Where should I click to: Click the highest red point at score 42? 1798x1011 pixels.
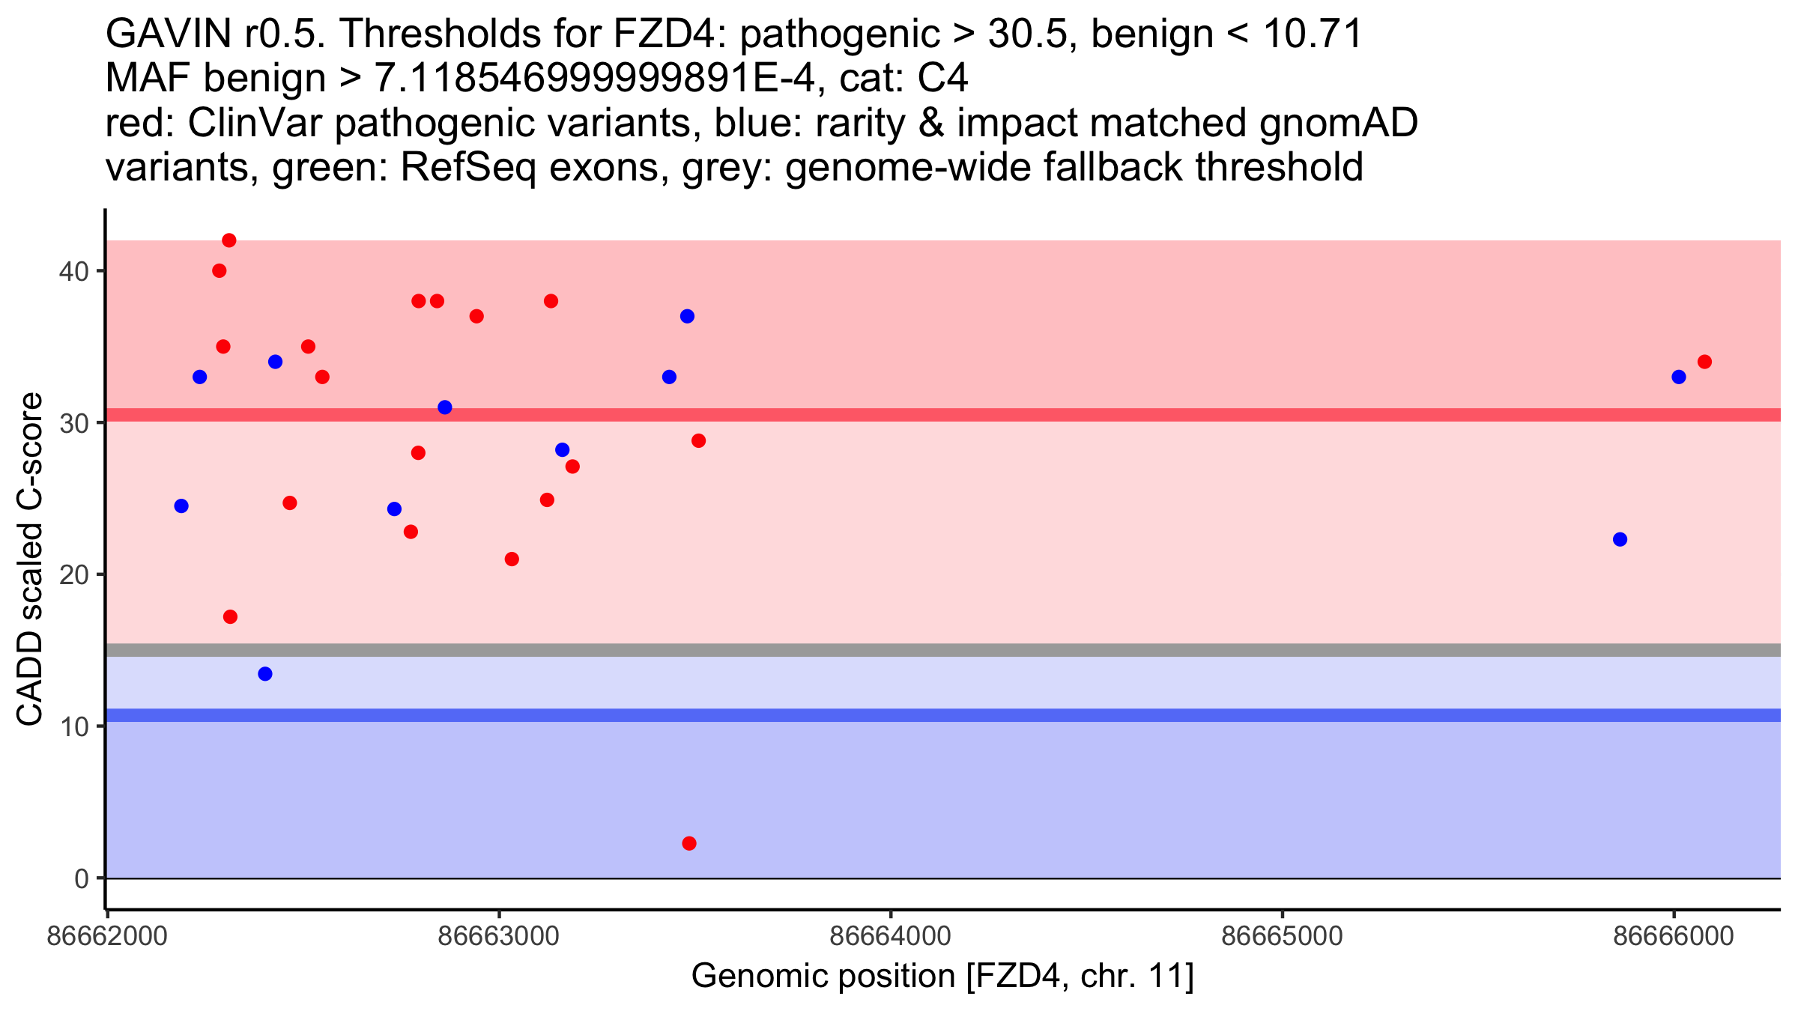(229, 240)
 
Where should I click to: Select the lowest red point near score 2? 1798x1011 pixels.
(689, 843)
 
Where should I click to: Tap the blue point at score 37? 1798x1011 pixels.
(687, 316)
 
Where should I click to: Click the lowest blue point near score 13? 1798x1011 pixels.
(265, 674)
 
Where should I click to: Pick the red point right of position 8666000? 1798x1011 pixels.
(1704, 362)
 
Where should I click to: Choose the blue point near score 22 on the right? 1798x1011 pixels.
(1620, 539)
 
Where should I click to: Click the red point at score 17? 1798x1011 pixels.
(230, 617)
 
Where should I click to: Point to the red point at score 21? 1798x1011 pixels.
(512, 559)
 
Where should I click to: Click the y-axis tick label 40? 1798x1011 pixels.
(73, 271)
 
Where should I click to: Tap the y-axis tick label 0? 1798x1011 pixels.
(82, 878)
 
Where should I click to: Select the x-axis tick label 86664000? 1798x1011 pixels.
(891, 936)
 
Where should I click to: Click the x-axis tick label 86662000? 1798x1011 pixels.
(106, 936)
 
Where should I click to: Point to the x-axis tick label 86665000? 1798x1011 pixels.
(1282, 936)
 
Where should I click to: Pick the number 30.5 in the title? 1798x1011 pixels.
(1026, 34)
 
